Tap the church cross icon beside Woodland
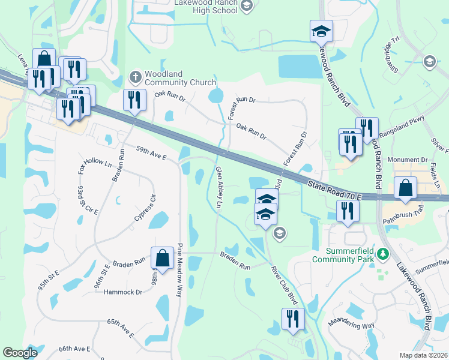[x=135, y=77]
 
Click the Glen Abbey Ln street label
[x=219, y=187]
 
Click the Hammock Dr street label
[x=122, y=292]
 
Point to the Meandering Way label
[x=351, y=325]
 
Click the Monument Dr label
[x=407, y=160]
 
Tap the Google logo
[x=20, y=353]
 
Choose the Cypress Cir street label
[x=145, y=208]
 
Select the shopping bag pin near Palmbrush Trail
[x=406, y=188]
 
